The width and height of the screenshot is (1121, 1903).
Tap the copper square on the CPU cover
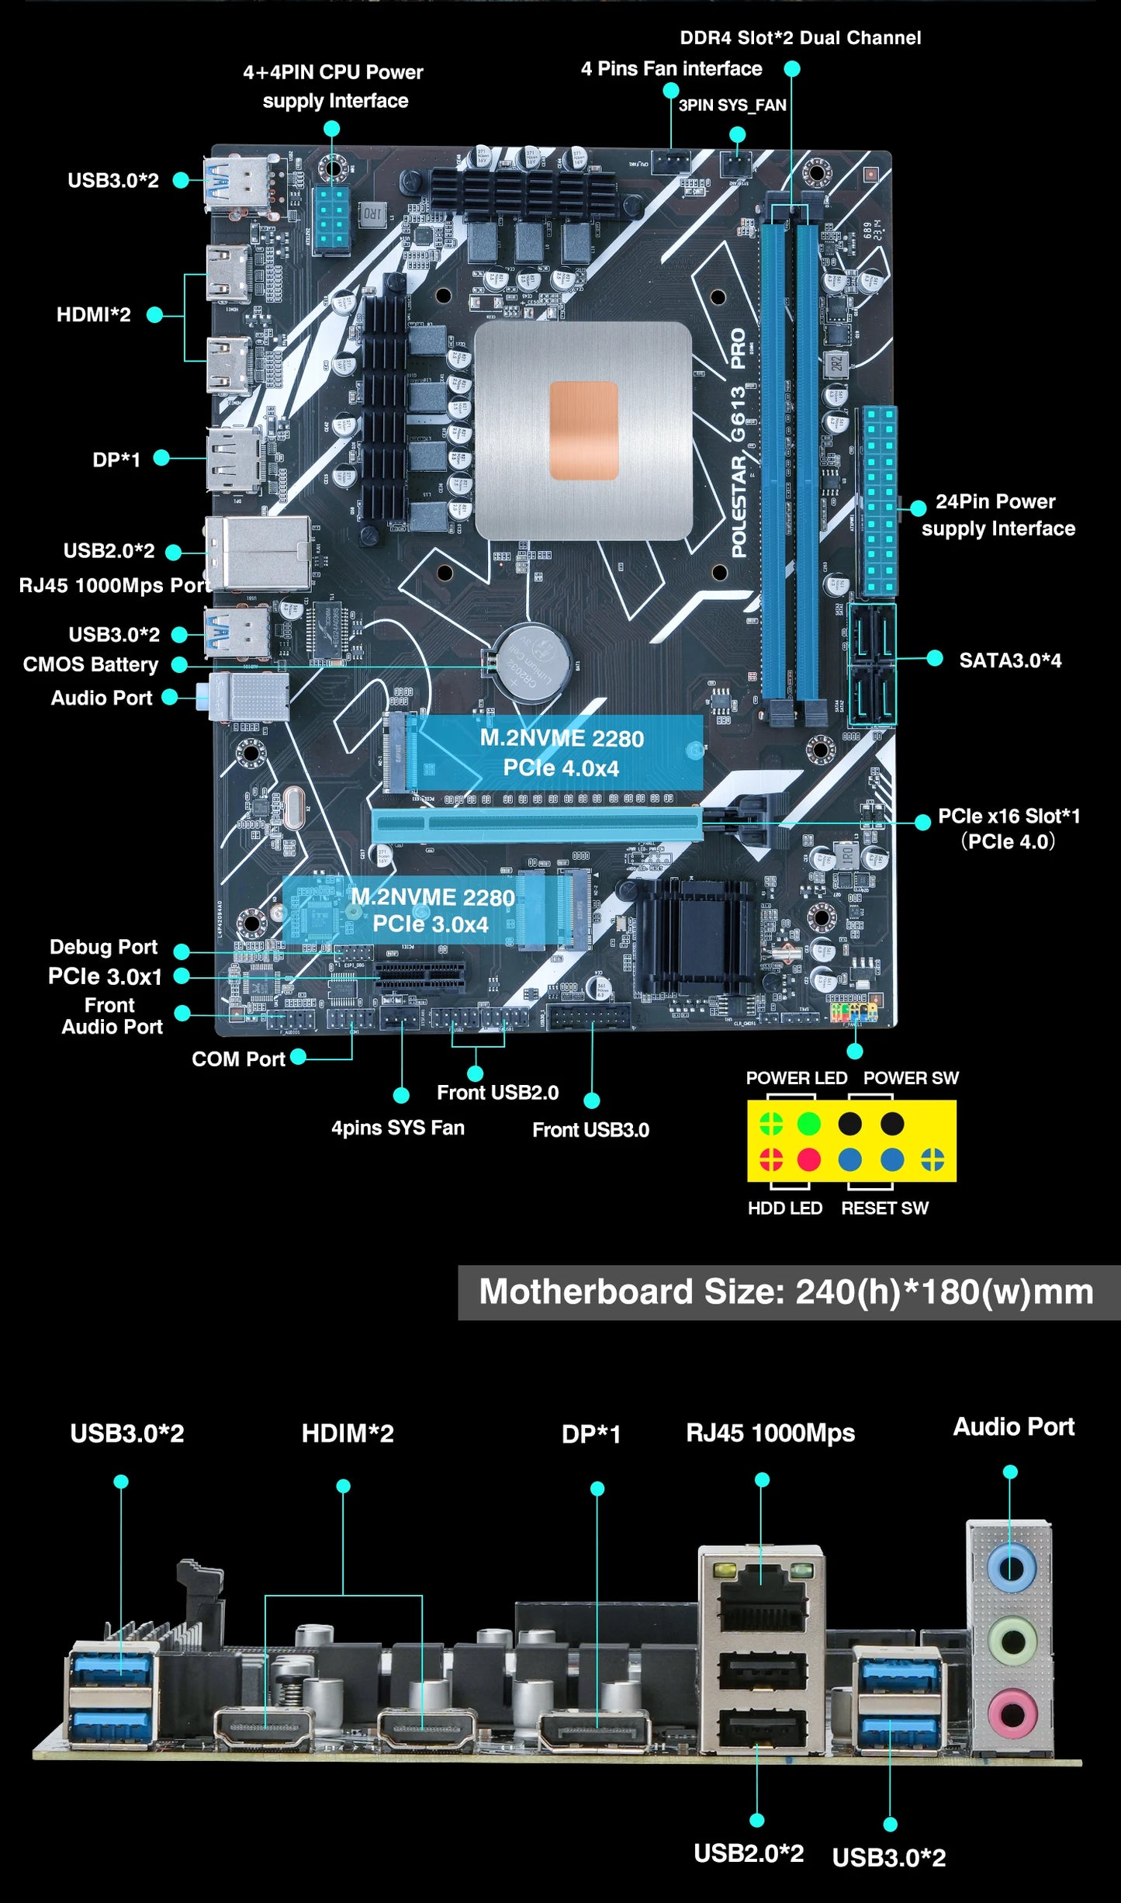[x=583, y=430]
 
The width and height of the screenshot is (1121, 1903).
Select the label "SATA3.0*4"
[x=1009, y=660]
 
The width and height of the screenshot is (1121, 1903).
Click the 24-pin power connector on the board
[x=879, y=501]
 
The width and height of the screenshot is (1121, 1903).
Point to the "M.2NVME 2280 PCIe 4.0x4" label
[x=561, y=752]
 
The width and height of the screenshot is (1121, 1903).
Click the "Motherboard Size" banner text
[x=786, y=1292]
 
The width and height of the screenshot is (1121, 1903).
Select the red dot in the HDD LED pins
[x=808, y=1159]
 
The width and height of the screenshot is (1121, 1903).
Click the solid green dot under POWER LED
[x=808, y=1123]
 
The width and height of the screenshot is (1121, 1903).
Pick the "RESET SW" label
[x=884, y=1208]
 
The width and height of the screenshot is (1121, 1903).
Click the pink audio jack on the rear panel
[x=1012, y=1711]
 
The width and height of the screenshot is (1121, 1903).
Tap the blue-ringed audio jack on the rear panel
[x=1012, y=1569]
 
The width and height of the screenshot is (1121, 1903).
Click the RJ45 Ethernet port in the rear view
[x=762, y=1599]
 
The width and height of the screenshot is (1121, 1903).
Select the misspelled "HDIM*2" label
[x=347, y=1433]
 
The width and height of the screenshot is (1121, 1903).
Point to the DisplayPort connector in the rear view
[x=596, y=1731]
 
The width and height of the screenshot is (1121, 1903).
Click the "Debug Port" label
[x=103, y=947]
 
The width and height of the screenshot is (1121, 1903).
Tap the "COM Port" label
[x=238, y=1059]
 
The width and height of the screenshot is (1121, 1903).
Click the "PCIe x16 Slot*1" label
[x=1008, y=816]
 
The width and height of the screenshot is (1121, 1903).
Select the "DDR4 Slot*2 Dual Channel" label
[x=800, y=38]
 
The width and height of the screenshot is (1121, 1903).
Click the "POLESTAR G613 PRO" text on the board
[x=738, y=442]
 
